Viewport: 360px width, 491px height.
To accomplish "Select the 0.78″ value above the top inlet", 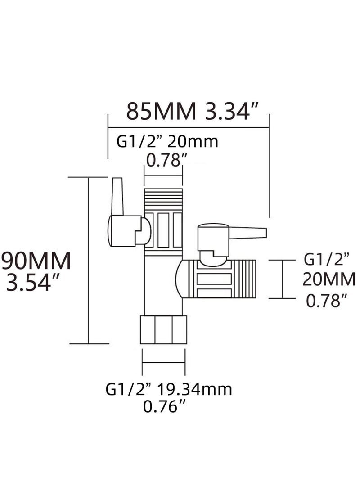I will (164, 160).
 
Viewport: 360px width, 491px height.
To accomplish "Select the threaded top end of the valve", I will (163, 198).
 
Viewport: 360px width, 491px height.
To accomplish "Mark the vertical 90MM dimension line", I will (89, 261).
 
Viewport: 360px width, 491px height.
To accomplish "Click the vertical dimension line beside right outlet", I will (283, 279).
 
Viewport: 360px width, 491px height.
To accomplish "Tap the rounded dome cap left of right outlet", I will (182, 279).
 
